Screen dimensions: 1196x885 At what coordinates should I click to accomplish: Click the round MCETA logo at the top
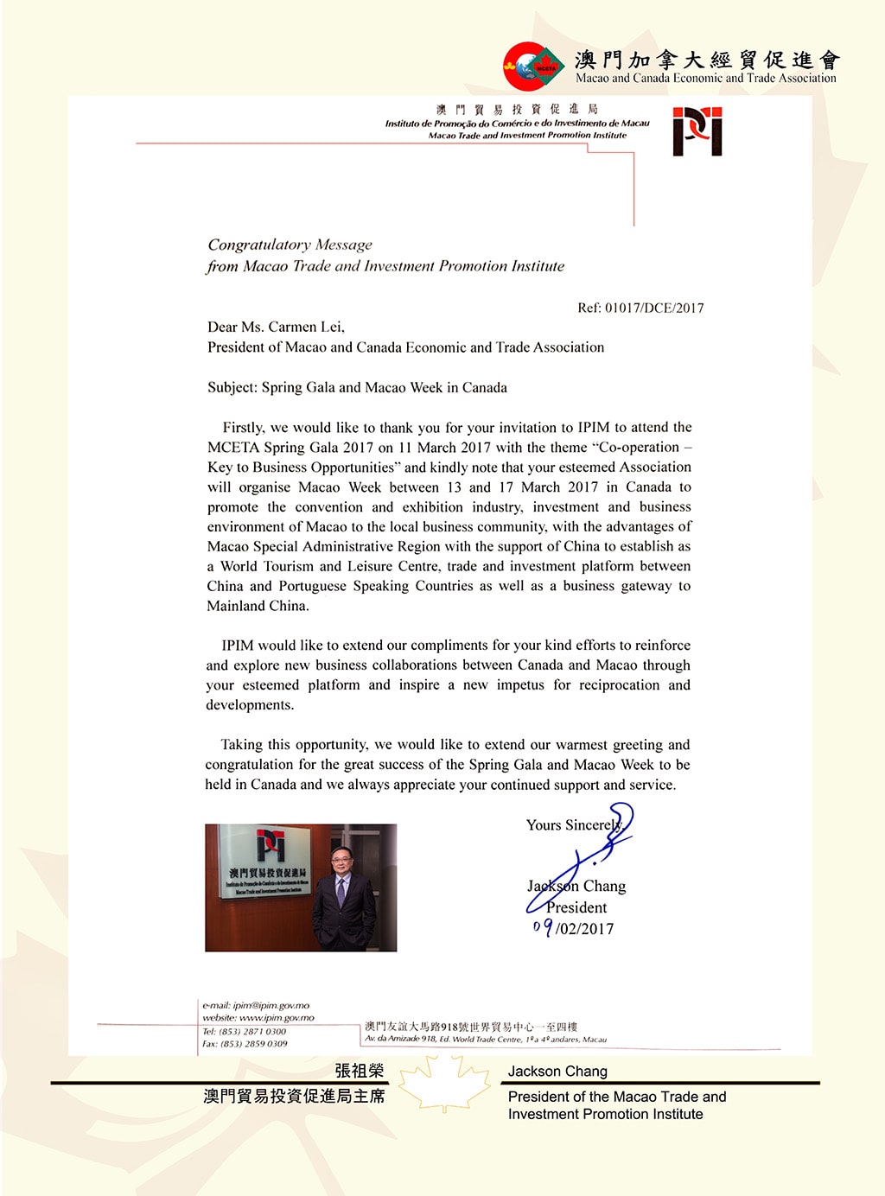[x=529, y=66]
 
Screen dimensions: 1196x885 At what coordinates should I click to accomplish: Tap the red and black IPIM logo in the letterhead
[x=697, y=131]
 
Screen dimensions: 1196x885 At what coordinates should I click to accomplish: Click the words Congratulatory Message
[x=290, y=245]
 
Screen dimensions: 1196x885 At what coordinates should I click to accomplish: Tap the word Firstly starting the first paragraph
[x=243, y=427]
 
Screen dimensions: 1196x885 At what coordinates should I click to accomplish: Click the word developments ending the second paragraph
[x=249, y=705]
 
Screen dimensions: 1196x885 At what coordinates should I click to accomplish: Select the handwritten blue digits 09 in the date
[x=543, y=928]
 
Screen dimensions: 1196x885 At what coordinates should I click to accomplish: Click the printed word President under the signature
[x=576, y=907]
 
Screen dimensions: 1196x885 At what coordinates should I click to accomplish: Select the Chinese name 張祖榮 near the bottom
[x=359, y=1071]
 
